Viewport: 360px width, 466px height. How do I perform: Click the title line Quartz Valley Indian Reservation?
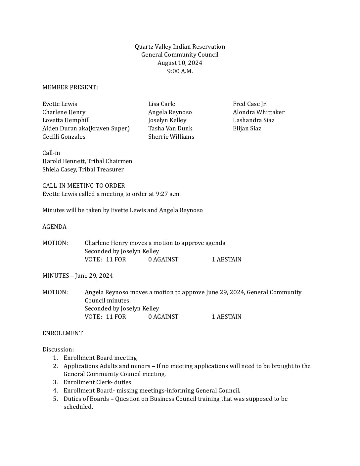(x=180, y=47)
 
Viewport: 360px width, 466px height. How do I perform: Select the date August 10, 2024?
(x=180, y=63)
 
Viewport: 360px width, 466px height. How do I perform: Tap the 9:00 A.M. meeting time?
(x=180, y=71)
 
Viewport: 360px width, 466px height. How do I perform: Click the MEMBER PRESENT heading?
(x=70, y=87)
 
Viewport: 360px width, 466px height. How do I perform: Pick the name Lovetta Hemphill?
(x=66, y=120)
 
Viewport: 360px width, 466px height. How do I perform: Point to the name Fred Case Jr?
(x=249, y=104)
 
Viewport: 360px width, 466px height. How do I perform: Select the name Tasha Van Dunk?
(x=170, y=128)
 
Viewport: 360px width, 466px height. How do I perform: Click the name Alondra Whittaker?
(x=258, y=112)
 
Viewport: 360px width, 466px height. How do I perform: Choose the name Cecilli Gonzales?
(x=64, y=137)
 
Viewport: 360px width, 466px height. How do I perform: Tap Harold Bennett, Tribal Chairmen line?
(x=87, y=161)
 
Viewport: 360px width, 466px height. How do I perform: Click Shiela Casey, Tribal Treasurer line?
(x=83, y=169)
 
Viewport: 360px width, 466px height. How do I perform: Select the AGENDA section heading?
(x=54, y=227)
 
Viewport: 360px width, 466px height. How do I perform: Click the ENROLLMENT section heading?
(x=63, y=333)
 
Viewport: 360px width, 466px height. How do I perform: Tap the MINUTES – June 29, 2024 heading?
(x=77, y=276)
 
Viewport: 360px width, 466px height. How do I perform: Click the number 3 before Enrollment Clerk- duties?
(x=56, y=382)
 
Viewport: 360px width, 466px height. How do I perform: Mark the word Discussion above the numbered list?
(x=58, y=349)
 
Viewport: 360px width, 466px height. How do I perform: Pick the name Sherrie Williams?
(x=171, y=137)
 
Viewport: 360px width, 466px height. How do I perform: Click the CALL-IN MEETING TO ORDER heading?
(x=84, y=186)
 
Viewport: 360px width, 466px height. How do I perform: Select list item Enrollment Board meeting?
(x=100, y=358)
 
